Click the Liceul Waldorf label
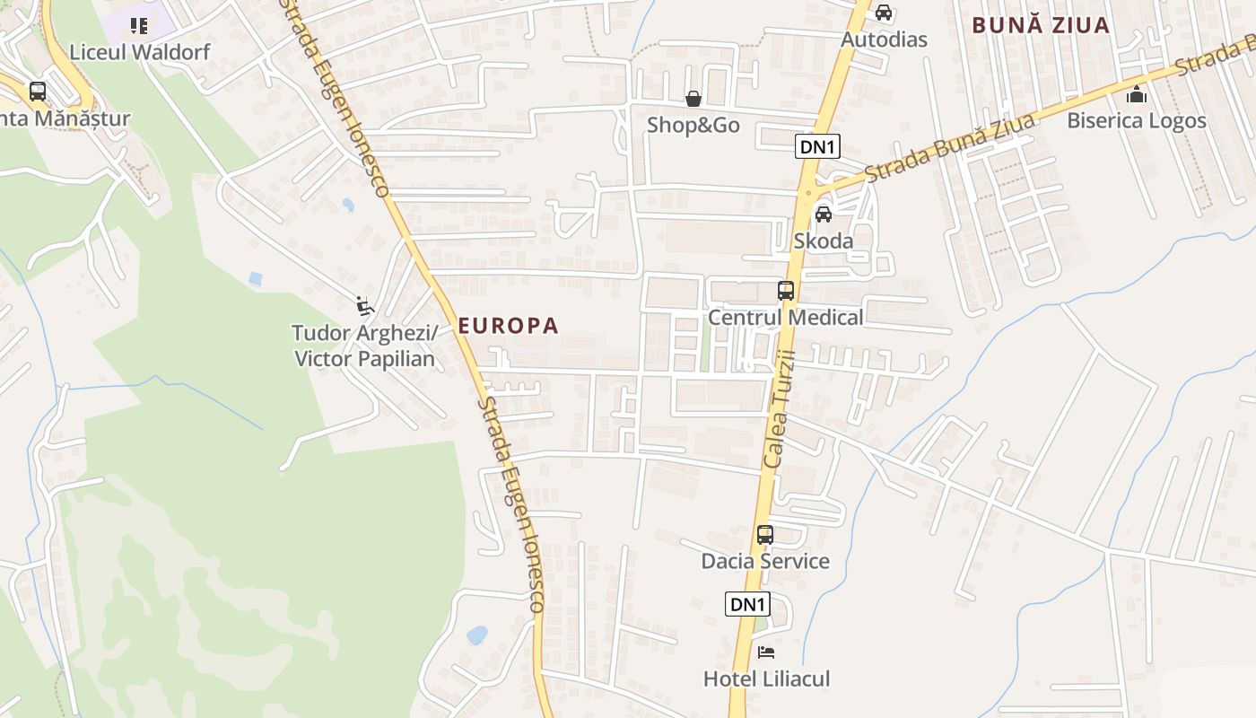point(139,52)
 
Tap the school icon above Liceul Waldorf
point(138,26)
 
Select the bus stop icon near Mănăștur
point(38,91)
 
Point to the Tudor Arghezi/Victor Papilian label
point(364,346)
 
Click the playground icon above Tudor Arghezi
point(364,306)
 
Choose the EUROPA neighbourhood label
point(509,326)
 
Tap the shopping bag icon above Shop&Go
point(693,98)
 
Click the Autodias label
point(884,39)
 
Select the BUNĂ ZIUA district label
point(1042,25)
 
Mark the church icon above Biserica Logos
point(1137,93)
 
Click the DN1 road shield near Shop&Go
point(817,146)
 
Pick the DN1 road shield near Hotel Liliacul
point(747,604)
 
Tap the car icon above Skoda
point(823,214)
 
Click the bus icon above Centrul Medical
point(786,290)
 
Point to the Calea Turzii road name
point(780,409)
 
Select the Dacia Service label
point(765,562)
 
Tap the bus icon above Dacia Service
point(765,535)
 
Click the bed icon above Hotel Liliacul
point(765,652)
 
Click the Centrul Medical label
point(786,318)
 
